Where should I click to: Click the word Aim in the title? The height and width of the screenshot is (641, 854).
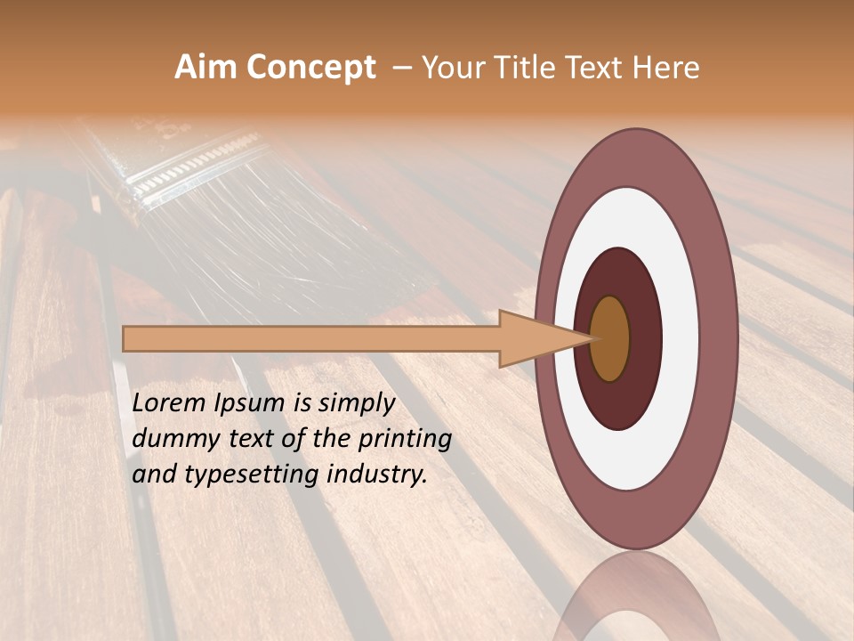click(x=206, y=68)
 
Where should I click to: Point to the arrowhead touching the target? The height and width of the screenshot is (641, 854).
click(x=543, y=338)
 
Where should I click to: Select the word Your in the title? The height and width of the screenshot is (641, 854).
click(x=453, y=68)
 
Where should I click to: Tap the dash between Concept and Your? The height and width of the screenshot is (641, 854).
click(x=401, y=68)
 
